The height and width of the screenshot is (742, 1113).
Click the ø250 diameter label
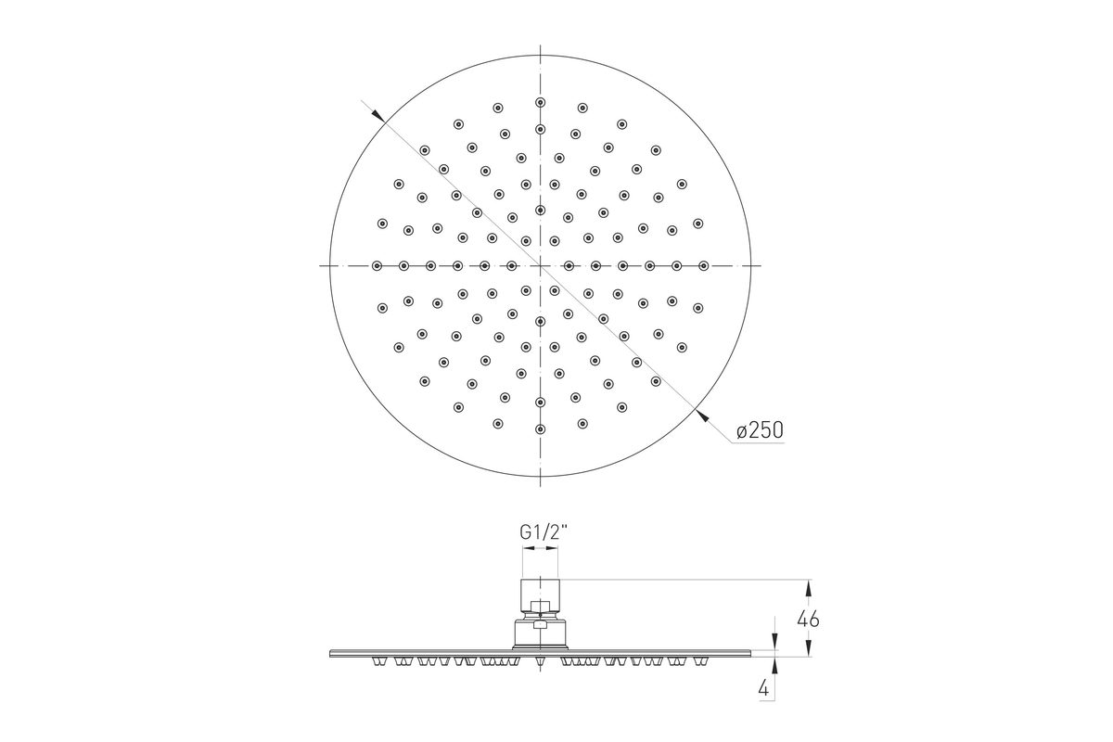click(x=760, y=429)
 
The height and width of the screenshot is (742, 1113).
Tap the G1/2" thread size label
click(x=544, y=532)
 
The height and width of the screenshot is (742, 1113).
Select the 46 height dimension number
click(x=808, y=620)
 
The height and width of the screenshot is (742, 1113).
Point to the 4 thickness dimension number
click(x=763, y=688)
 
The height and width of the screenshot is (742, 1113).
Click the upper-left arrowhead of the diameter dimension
click(x=377, y=116)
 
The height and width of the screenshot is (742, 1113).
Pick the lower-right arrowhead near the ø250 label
click(x=703, y=416)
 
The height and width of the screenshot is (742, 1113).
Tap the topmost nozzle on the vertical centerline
click(x=541, y=102)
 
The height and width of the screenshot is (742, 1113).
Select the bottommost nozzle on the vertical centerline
click(x=541, y=429)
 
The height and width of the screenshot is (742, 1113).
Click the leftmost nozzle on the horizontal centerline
click(x=377, y=266)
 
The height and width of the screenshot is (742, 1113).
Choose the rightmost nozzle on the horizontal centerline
click(x=703, y=266)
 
